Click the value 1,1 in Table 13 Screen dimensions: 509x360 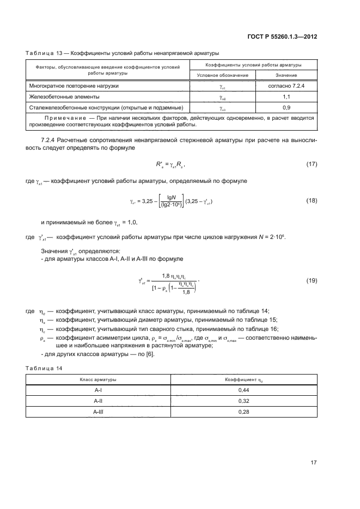(x=286, y=96)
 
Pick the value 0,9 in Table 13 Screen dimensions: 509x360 (x=286, y=107)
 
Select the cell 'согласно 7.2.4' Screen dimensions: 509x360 (x=286, y=86)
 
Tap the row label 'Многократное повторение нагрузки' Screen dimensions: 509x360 (x=72, y=86)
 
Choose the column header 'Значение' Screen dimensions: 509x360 (x=286, y=75)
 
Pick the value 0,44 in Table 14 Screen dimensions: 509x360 (x=244, y=390)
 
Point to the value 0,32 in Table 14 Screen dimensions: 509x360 (x=244, y=401)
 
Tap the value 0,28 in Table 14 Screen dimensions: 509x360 (x=244, y=412)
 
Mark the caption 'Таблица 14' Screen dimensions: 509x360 (x=44, y=368)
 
